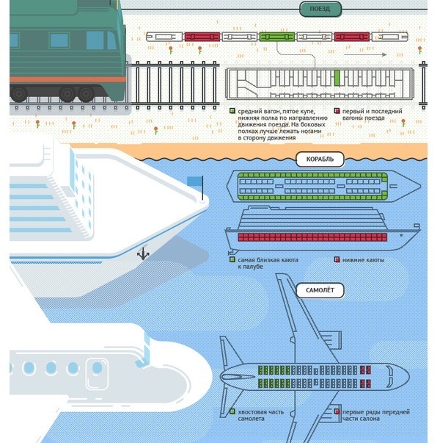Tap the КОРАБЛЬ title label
click(315, 159)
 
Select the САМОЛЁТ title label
click(319, 290)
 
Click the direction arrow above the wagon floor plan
click(375, 54)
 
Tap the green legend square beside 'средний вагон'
click(232, 112)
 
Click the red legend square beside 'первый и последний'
click(337, 112)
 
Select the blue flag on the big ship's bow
click(194, 181)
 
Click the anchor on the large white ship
click(143, 254)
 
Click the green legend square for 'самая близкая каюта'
click(232, 259)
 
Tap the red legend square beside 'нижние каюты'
click(337, 259)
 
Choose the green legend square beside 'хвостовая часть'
click(232, 412)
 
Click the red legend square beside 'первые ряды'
click(337, 412)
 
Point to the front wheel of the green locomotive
click(86, 93)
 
